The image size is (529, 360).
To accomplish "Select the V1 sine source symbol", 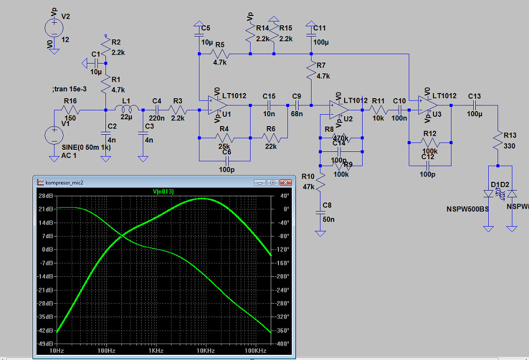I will pos(54,135).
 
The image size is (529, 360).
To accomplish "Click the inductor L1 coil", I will pos(127,109).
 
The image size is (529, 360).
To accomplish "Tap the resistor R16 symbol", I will pos(71,110).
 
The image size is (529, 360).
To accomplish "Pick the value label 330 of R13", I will pos(509,146).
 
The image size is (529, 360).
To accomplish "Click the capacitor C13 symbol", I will pos(474,105).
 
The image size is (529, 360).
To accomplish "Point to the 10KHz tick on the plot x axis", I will pos(205,351).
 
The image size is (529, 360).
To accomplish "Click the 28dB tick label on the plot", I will pos(46,196).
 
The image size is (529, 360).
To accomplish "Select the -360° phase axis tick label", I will pos(283,331).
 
